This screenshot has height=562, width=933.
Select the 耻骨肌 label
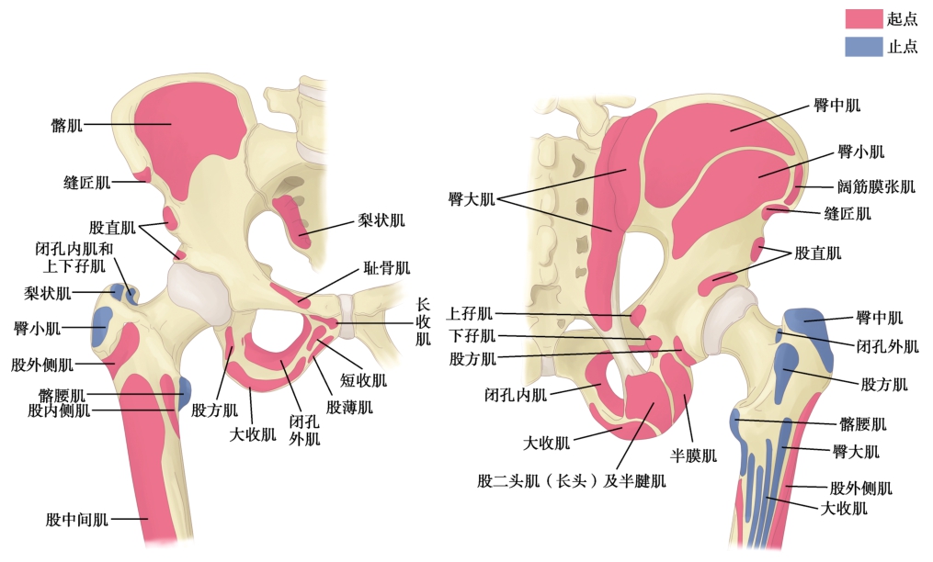tap(387, 268)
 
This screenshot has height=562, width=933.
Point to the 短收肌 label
tap(365, 379)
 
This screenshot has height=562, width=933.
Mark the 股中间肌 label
tap(77, 520)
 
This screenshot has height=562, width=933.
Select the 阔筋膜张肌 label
tap(876, 187)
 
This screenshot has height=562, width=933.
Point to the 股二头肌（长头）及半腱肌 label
tap(571, 479)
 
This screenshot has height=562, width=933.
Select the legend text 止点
tap(902, 47)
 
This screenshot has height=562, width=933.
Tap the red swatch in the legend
tap(863, 19)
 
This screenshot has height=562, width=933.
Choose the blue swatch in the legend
tap(863, 46)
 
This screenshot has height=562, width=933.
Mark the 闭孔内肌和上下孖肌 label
tap(70, 257)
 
